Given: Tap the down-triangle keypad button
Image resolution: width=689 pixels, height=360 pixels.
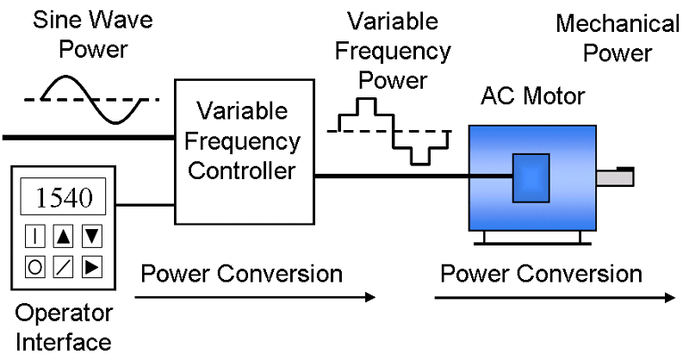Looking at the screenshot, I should (x=91, y=236).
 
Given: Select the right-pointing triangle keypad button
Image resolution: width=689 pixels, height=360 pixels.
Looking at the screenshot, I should (x=91, y=267).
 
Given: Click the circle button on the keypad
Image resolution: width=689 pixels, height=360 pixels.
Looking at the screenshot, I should (x=35, y=267).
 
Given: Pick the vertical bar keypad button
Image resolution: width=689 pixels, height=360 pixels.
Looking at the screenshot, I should (x=35, y=236).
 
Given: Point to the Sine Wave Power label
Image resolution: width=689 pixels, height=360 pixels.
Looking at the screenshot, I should (x=80, y=34).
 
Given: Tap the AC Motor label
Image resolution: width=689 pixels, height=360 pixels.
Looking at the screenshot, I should (x=532, y=96).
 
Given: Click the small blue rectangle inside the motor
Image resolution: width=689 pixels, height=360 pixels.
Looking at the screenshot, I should (x=530, y=177).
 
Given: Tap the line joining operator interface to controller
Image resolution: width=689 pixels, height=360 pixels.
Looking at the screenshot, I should (x=146, y=206).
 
